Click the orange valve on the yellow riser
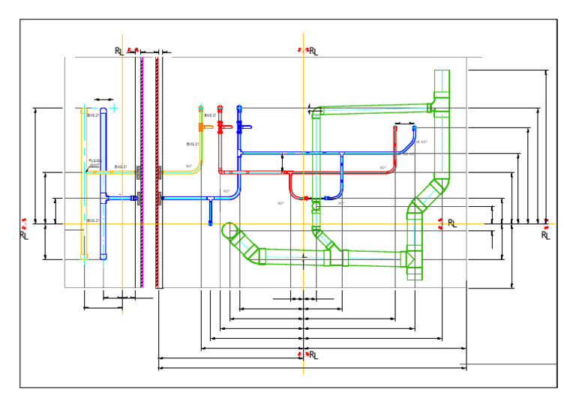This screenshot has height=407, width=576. tap(201, 128)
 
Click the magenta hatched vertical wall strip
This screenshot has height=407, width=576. tap(142, 172)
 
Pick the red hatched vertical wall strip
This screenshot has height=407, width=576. tap(157, 172)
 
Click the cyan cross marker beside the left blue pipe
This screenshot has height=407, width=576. tap(114, 109)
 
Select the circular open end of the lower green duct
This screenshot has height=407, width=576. tap(230, 232)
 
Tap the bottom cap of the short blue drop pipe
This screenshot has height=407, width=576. tap(211, 223)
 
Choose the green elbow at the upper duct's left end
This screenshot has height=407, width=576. tap(316, 113)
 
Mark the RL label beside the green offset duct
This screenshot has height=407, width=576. tap(451, 223)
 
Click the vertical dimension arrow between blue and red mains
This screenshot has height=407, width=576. tap(282, 162)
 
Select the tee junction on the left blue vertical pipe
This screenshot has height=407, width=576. tap(103, 198)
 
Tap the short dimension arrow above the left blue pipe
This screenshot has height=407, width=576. tap(103, 98)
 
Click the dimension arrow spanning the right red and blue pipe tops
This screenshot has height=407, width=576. tap(404, 122)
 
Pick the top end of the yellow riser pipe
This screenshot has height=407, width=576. tap(200, 108)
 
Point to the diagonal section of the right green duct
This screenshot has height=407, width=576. tap(425, 197)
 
